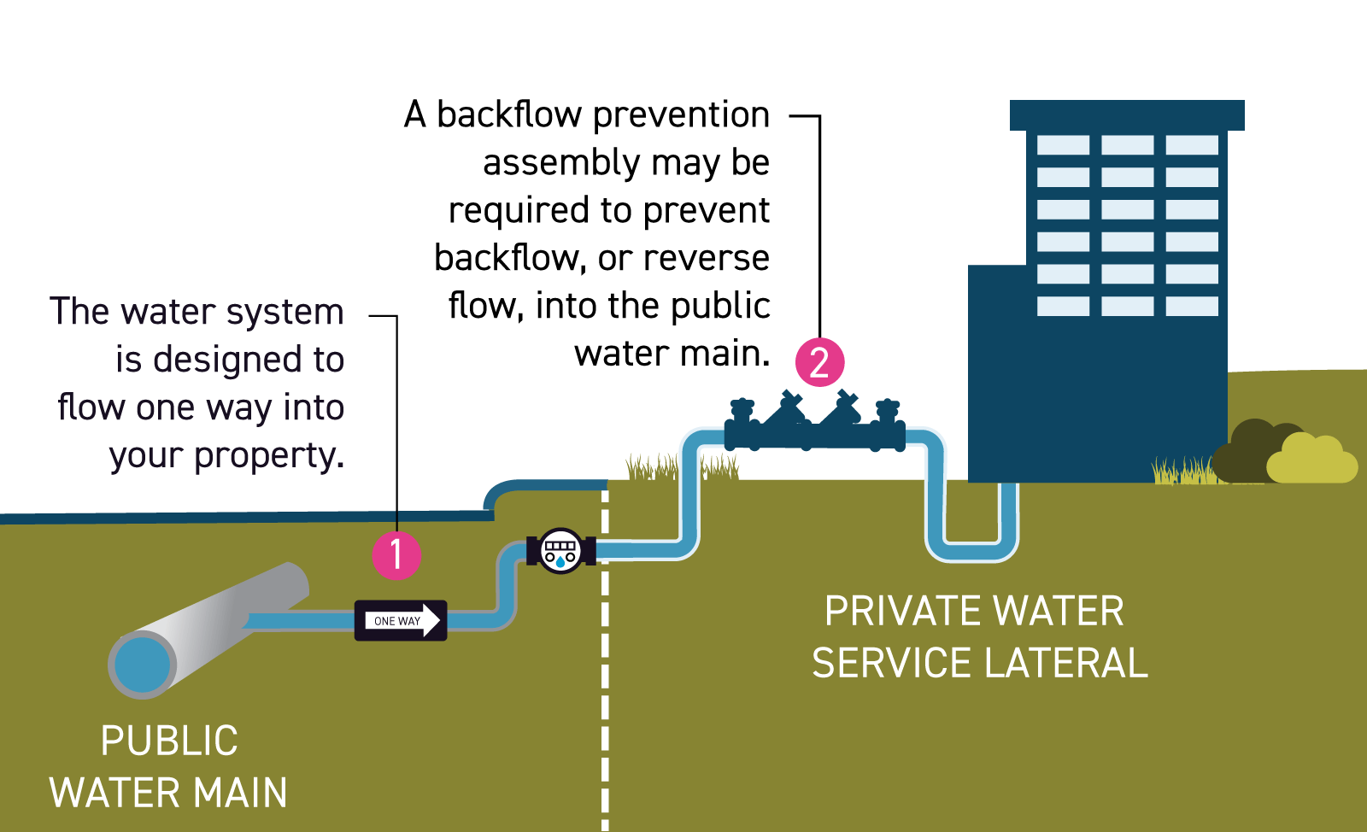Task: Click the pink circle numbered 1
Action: (396, 555)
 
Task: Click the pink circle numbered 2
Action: (819, 362)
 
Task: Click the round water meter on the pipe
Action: (560, 551)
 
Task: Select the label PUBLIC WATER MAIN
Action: (168, 766)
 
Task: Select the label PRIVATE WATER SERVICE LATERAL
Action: (978, 637)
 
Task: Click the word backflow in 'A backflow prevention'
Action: (509, 114)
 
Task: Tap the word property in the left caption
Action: (268, 456)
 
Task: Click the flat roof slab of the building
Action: (1126, 115)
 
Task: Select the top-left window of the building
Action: (1063, 145)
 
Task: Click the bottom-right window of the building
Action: (1191, 306)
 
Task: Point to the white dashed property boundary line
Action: (605, 683)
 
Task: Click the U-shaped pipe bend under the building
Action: (972, 547)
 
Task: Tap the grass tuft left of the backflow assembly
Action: (651, 469)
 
